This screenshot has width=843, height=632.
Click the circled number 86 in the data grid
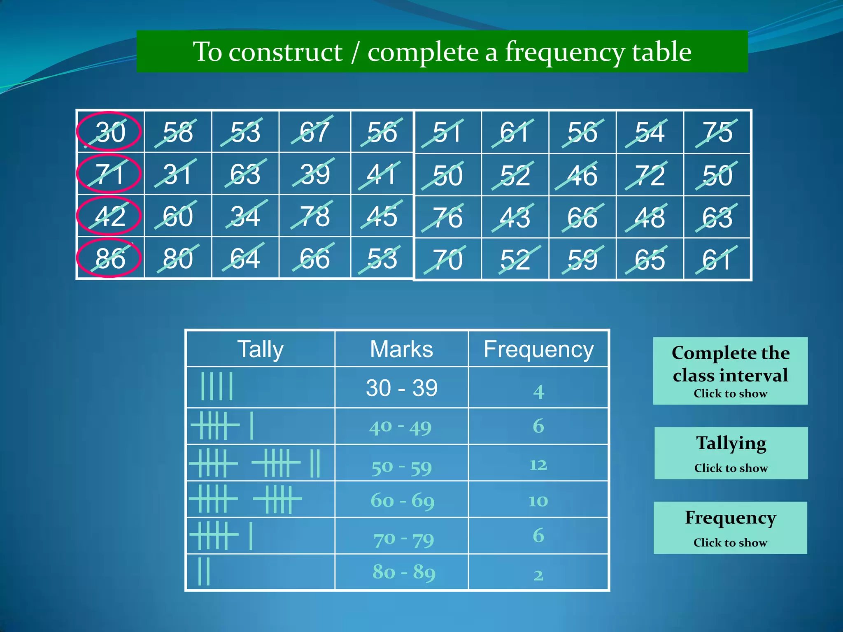click(x=110, y=258)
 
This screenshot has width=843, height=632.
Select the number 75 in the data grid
click(x=717, y=132)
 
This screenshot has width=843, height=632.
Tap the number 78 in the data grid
click(x=315, y=216)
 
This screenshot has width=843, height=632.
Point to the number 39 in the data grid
click(x=315, y=174)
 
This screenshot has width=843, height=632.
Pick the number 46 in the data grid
click(x=582, y=176)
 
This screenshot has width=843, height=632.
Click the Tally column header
click(x=260, y=349)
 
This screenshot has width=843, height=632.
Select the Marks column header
click(x=401, y=349)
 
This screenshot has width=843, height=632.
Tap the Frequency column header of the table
click(x=538, y=349)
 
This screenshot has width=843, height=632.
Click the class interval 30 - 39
click(x=401, y=388)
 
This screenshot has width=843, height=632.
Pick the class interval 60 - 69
click(x=402, y=501)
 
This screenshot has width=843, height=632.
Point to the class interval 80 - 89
click(x=403, y=572)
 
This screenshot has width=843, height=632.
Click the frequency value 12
click(x=538, y=465)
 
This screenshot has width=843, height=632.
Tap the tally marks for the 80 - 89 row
click(x=204, y=571)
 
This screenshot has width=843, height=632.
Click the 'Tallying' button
click(x=731, y=453)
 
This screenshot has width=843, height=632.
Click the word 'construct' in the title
click(x=285, y=52)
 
